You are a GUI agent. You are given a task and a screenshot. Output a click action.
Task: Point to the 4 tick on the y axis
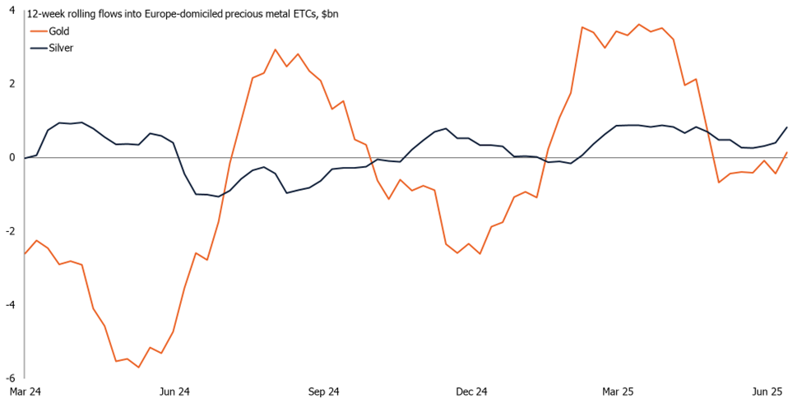click(12, 10)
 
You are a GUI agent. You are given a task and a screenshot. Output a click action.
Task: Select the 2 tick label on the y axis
click(12, 84)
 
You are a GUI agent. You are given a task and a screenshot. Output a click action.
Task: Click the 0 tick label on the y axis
click(12, 157)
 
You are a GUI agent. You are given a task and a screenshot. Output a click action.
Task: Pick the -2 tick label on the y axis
click(10, 231)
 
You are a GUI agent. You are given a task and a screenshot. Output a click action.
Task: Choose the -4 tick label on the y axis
click(10, 304)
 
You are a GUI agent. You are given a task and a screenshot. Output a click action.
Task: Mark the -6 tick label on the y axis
click(10, 378)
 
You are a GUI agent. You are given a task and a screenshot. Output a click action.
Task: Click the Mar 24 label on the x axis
click(25, 391)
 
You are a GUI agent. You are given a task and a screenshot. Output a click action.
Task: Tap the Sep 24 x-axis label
click(322, 391)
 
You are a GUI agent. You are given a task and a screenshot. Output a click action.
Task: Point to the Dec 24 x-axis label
click(471, 391)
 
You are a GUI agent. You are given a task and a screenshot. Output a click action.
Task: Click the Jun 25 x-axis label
click(769, 391)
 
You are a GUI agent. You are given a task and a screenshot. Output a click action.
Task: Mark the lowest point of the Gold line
click(138, 367)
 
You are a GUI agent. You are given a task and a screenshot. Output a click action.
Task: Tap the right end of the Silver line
click(786, 127)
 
